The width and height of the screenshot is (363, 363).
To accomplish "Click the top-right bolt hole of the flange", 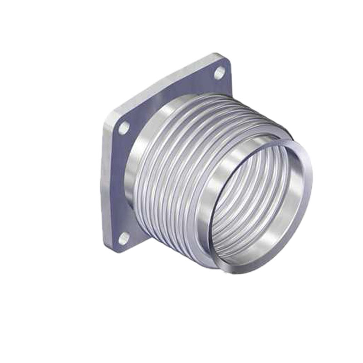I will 220,73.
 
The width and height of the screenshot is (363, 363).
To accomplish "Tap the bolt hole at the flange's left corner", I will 124,128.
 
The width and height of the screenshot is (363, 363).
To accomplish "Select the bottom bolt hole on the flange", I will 123,237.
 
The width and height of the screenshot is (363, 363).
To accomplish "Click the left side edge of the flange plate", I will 105,181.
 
